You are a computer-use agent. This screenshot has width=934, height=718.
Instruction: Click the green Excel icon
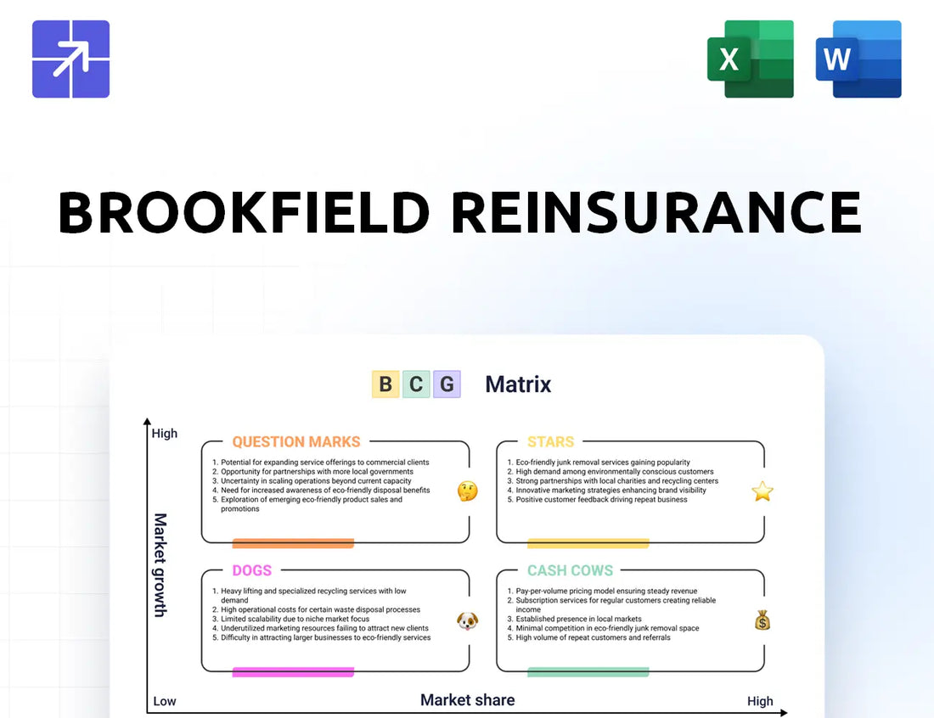751,59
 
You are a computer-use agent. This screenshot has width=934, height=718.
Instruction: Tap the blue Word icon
858,59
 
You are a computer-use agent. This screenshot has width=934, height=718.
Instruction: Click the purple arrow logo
70,59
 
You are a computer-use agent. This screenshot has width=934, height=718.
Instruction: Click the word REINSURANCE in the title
656,212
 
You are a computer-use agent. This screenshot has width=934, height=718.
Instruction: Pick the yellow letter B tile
385,384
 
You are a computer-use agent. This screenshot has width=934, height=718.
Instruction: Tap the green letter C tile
416,384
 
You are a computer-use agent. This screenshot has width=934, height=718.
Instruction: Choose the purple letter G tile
447,384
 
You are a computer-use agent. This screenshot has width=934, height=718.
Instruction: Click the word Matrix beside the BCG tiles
518,384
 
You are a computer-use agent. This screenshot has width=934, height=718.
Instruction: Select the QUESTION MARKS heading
296,442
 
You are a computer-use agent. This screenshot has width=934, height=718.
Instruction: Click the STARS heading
550,442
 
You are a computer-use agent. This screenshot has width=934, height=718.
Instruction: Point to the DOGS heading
252,570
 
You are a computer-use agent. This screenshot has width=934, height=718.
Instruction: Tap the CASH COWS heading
570,570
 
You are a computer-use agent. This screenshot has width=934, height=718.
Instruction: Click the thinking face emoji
468,491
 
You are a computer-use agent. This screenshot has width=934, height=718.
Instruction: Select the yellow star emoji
762,491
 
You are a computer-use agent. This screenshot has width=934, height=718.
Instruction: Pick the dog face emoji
468,621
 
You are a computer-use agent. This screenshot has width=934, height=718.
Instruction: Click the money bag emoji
762,620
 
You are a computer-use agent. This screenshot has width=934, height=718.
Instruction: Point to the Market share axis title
468,700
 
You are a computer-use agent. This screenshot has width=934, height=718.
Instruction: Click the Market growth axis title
160,565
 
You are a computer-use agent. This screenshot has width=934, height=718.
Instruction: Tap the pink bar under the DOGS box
293,672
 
